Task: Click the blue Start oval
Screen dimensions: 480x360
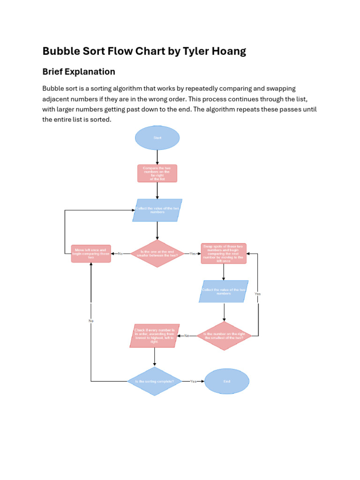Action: coord(157,138)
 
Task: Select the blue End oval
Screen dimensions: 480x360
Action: coord(227,381)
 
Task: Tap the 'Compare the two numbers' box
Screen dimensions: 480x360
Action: coord(157,173)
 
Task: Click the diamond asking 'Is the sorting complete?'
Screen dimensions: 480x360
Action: coord(154,381)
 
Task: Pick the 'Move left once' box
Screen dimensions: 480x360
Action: coord(91,254)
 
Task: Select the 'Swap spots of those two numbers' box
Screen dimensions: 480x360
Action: coord(224,254)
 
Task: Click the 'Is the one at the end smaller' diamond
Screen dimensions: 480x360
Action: coord(157,254)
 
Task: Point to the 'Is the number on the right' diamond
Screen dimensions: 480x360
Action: coord(224,336)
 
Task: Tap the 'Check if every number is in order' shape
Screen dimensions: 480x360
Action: coord(154,336)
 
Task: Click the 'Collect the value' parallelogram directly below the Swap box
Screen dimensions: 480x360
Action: coord(224,292)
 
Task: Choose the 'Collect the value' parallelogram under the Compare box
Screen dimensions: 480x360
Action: coord(157,210)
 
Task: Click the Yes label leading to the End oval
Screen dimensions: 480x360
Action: coord(193,382)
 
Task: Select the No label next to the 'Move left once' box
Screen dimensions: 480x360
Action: coord(120,254)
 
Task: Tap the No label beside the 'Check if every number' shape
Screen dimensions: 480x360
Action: coord(187,336)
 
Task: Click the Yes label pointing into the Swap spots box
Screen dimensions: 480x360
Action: coord(193,254)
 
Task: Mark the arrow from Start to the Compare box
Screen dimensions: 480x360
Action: coord(157,157)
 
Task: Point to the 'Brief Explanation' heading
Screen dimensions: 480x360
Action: coord(79,72)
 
